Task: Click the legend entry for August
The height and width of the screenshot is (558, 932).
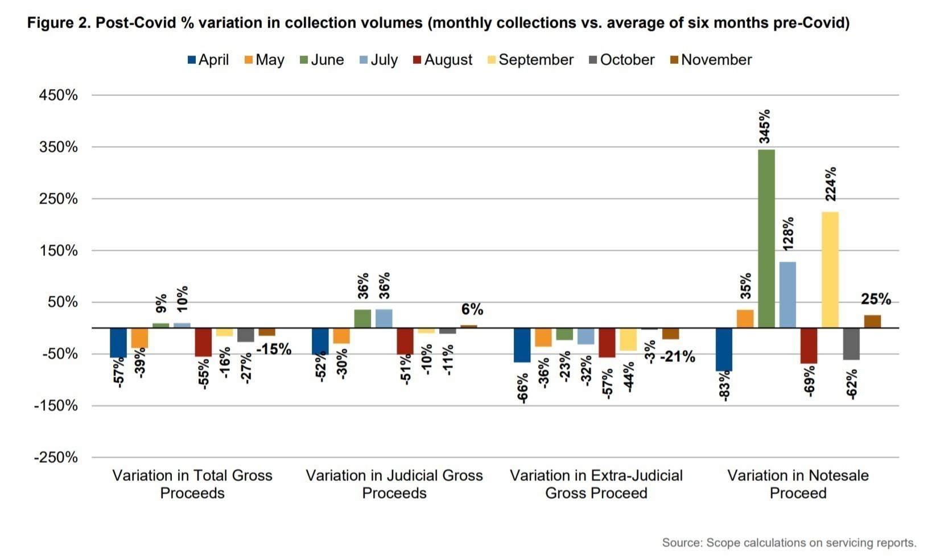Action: point(442,60)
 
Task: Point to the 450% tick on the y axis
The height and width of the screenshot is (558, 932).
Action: point(58,95)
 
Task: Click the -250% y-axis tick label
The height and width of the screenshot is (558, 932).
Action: point(56,457)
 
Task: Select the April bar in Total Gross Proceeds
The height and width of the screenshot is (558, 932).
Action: point(118,342)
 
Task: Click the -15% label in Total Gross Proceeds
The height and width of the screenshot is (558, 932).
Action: point(274,349)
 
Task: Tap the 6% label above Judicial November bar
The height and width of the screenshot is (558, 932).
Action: point(472,309)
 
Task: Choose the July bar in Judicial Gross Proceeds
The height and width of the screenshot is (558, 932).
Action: point(384,318)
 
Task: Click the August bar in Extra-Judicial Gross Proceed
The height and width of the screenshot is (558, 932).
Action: point(607,342)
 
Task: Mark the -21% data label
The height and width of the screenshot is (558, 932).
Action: point(677,357)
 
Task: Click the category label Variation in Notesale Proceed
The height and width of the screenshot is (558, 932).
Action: point(798,484)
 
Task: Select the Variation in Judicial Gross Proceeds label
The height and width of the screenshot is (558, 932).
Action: point(394,484)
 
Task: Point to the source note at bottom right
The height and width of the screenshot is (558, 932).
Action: point(789,543)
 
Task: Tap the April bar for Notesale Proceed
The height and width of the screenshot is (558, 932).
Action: point(724,349)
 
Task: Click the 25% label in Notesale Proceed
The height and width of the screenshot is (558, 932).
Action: point(876,299)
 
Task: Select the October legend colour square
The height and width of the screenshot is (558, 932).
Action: point(592,60)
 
